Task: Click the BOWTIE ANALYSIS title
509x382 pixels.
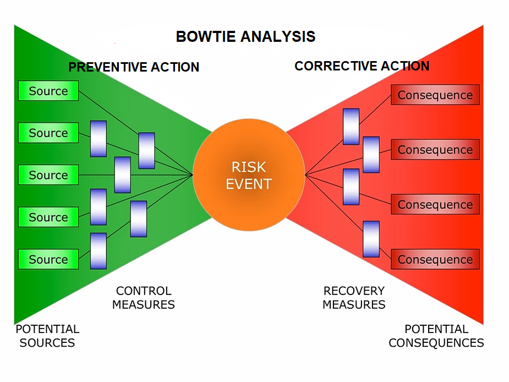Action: tap(245, 37)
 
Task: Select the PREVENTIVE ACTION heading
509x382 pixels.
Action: tap(134, 67)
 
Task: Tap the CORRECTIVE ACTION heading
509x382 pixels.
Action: tap(362, 66)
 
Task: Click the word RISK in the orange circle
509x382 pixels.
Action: tap(249, 167)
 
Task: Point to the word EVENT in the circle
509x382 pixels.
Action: tap(249, 184)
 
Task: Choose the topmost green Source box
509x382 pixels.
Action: tap(48, 91)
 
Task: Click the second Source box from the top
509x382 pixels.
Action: tap(48, 133)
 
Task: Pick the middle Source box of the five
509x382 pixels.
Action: tap(48, 175)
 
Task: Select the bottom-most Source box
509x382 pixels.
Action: tap(48, 259)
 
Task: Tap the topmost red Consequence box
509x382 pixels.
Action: tap(435, 95)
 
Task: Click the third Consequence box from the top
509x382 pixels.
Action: tap(435, 205)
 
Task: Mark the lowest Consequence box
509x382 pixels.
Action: tap(435, 259)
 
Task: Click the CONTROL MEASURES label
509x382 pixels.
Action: tap(144, 297)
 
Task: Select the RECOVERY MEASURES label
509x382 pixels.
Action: tap(354, 297)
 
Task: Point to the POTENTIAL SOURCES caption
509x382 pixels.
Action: tap(47, 336)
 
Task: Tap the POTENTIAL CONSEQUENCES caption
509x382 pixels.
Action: tap(436, 336)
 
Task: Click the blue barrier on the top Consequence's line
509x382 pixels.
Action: tap(351, 127)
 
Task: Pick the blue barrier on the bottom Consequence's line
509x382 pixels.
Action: tap(371, 239)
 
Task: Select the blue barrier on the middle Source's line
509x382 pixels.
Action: tap(123, 175)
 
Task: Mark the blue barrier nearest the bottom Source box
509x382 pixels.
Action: tap(98, 250)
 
